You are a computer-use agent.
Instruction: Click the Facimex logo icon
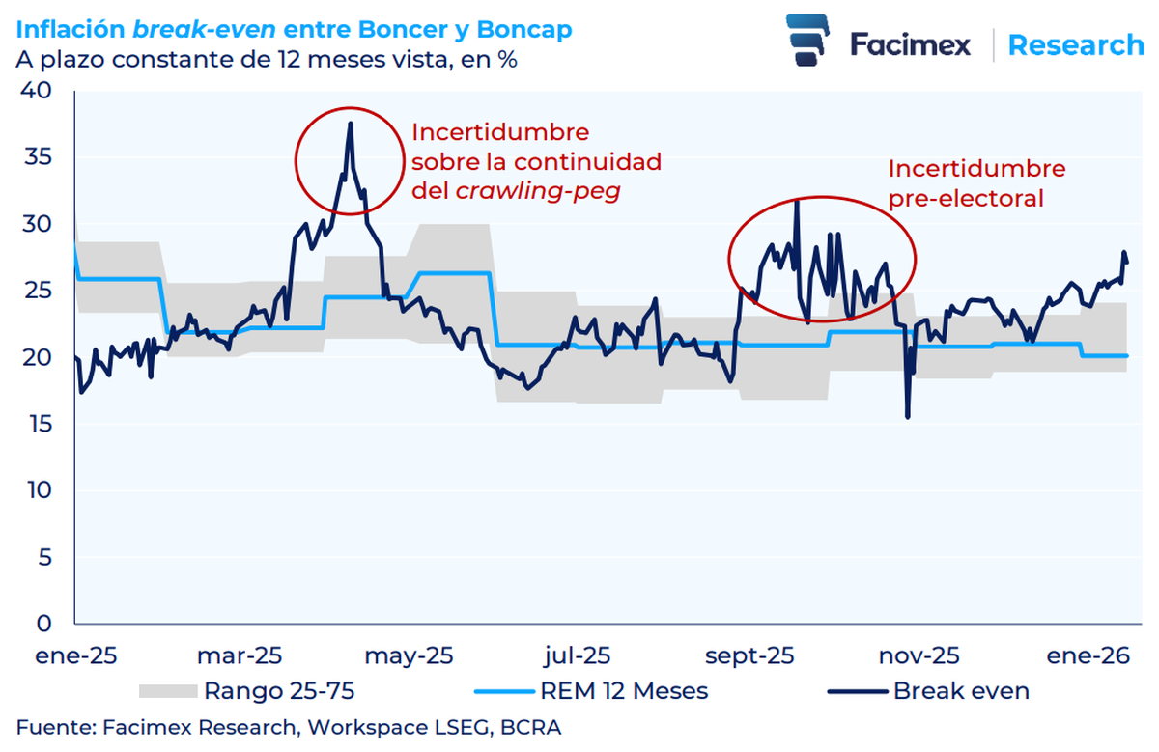pos(807,42)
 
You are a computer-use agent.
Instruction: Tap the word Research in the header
pos(1075,44)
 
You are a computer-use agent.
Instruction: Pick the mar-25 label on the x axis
pos(240,655)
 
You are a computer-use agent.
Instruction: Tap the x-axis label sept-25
pos(749,655)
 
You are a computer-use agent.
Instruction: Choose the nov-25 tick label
pos(919,655)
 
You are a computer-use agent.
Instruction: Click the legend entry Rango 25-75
pos(278,691)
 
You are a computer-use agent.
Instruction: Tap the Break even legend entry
pos(961,691)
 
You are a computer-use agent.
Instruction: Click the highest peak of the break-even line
pos(350,124)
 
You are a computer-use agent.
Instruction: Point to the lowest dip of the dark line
pos(907,416)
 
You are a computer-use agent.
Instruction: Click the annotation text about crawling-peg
pos(536,161)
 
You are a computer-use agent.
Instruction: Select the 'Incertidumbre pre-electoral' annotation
pos(975,183)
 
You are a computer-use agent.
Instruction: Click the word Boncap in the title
pos(525,30)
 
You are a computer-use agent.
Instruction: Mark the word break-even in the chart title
pos(192,30)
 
